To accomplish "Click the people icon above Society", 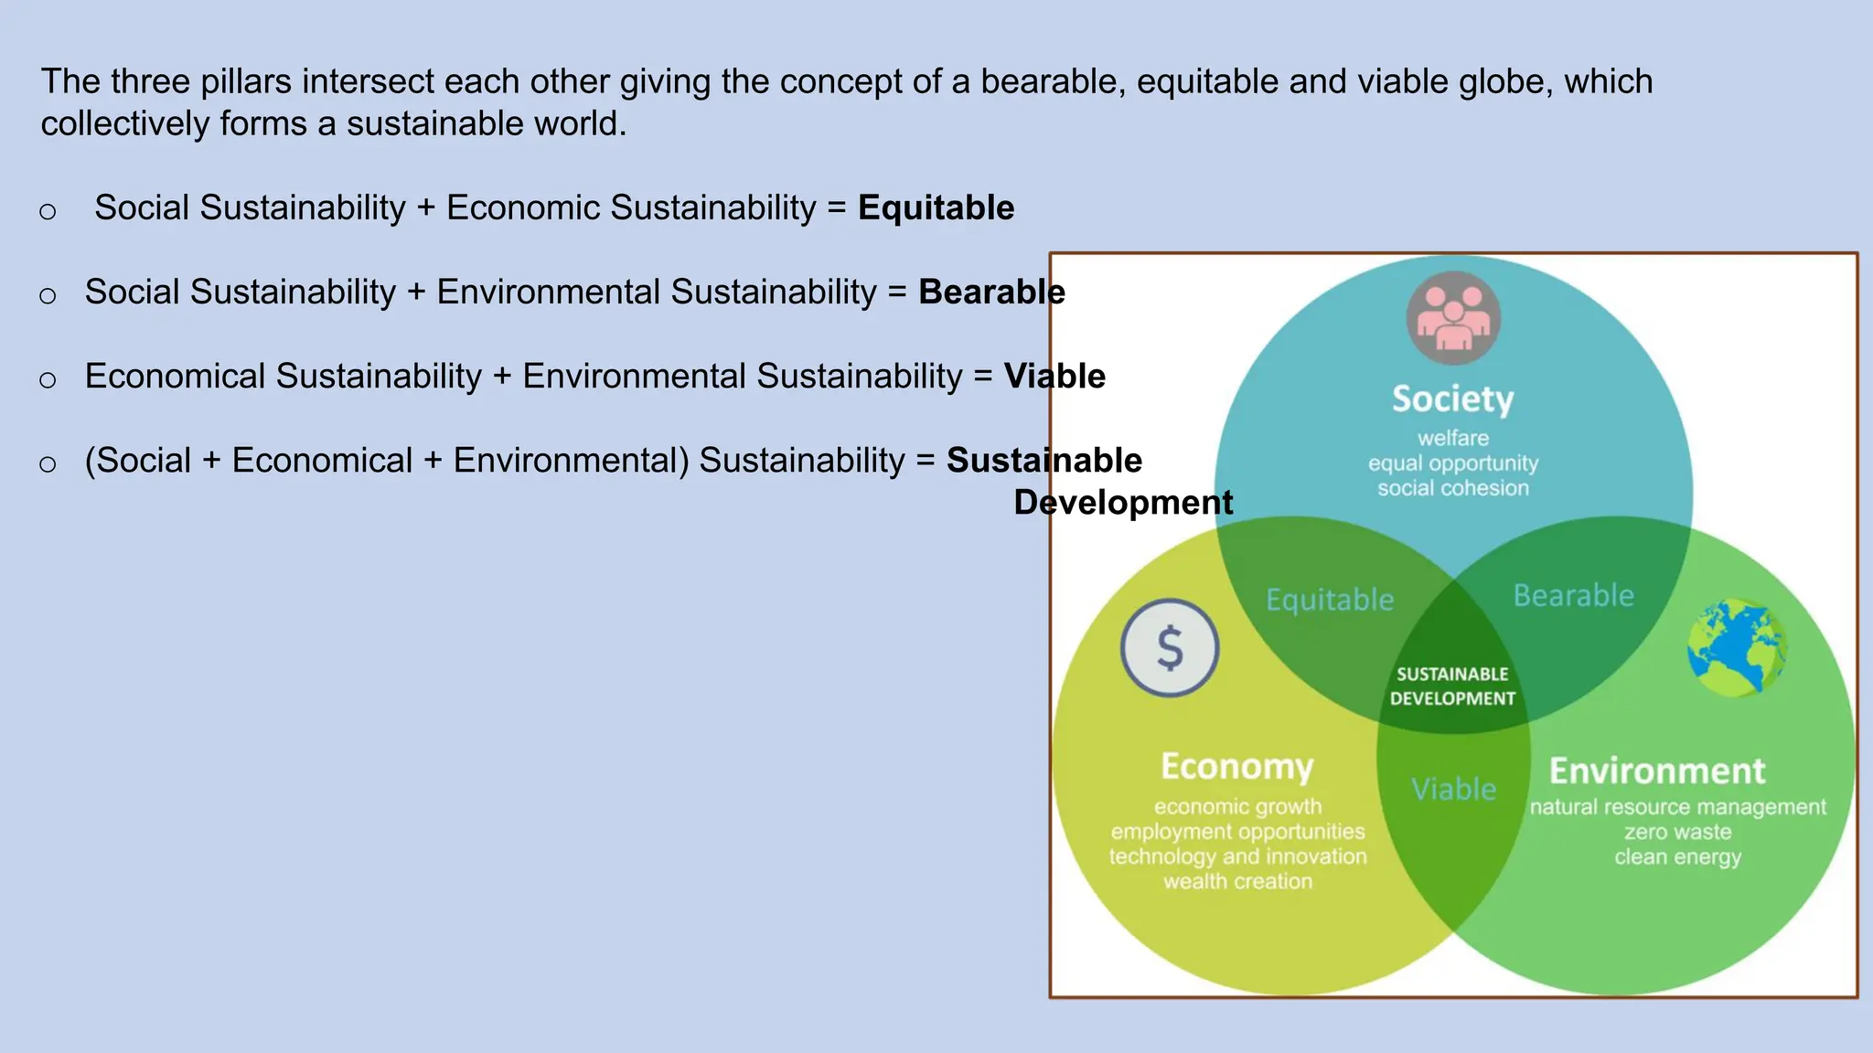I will [1453, 318].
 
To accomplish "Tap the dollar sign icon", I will [1170, 648].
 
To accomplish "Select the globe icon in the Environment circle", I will [1736, 648].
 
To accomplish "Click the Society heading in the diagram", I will [1452, 399].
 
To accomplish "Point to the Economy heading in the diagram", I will [1236, 767].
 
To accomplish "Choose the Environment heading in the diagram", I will [1657, 771].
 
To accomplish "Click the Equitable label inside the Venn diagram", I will [1330, 600].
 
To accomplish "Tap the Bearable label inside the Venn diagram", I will [1573, 596].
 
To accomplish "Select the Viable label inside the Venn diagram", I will [1453, 789].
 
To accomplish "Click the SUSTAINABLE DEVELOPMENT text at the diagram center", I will [1452, 686].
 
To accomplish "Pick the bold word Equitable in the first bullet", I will [936, 208].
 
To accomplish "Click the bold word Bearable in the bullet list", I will [991, 292].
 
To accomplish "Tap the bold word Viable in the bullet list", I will [1054, 377].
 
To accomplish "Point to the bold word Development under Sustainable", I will [1123, 503].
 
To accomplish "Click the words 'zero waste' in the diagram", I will [1677, 833].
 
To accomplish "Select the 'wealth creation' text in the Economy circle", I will [1237, 882].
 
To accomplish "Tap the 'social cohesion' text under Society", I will [1453, 489].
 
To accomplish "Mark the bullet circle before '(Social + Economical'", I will [48, 464].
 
